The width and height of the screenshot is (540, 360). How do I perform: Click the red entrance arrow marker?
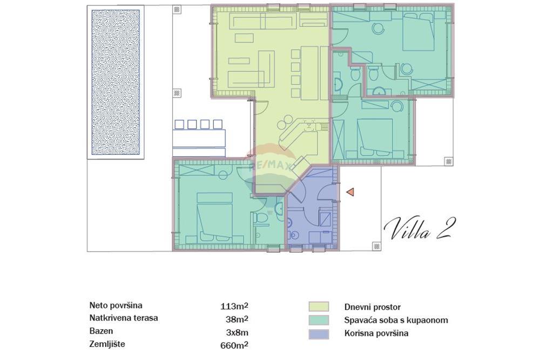350,192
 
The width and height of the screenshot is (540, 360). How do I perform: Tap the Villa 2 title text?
417,228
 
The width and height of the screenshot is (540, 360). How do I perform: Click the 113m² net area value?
234,305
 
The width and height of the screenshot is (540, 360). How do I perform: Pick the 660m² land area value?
234,344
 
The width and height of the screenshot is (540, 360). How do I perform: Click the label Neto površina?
117,305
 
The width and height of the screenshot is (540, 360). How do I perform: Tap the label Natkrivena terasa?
123,318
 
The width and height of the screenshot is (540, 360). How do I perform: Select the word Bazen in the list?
102,331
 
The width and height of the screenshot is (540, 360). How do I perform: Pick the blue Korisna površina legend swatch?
319,334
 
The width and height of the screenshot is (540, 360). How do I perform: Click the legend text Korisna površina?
376,334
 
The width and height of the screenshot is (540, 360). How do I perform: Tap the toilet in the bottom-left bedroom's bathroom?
262,218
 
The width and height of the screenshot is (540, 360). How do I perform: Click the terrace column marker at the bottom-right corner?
375,246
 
